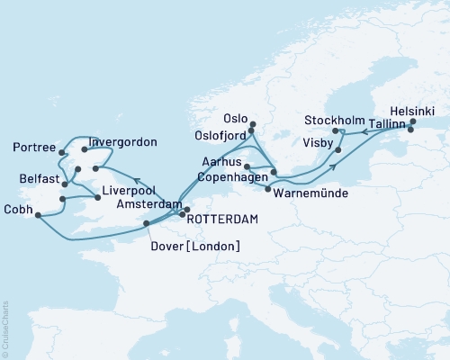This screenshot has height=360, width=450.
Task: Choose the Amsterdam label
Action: click(151, 206)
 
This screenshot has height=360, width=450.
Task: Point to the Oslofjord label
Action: click(217, 135)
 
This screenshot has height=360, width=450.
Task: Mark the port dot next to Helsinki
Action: click(413, 121)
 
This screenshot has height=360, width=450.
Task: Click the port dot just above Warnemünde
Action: click(267, 189)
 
